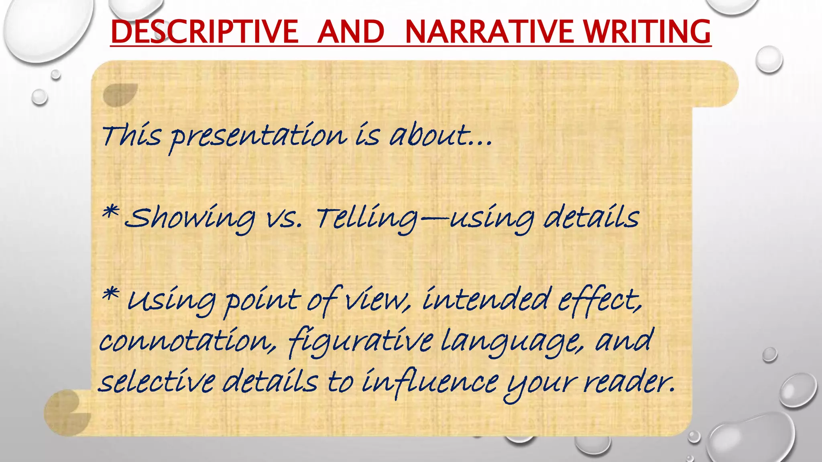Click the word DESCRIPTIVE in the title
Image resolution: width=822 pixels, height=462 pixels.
(x=204, y=32)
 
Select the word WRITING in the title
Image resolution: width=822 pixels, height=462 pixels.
(x=647, y=32)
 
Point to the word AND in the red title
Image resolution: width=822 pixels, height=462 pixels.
(x=351, y=32)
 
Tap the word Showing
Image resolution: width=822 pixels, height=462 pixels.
(x=189, y=219)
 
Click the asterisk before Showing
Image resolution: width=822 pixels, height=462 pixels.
(x=110, y=213)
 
